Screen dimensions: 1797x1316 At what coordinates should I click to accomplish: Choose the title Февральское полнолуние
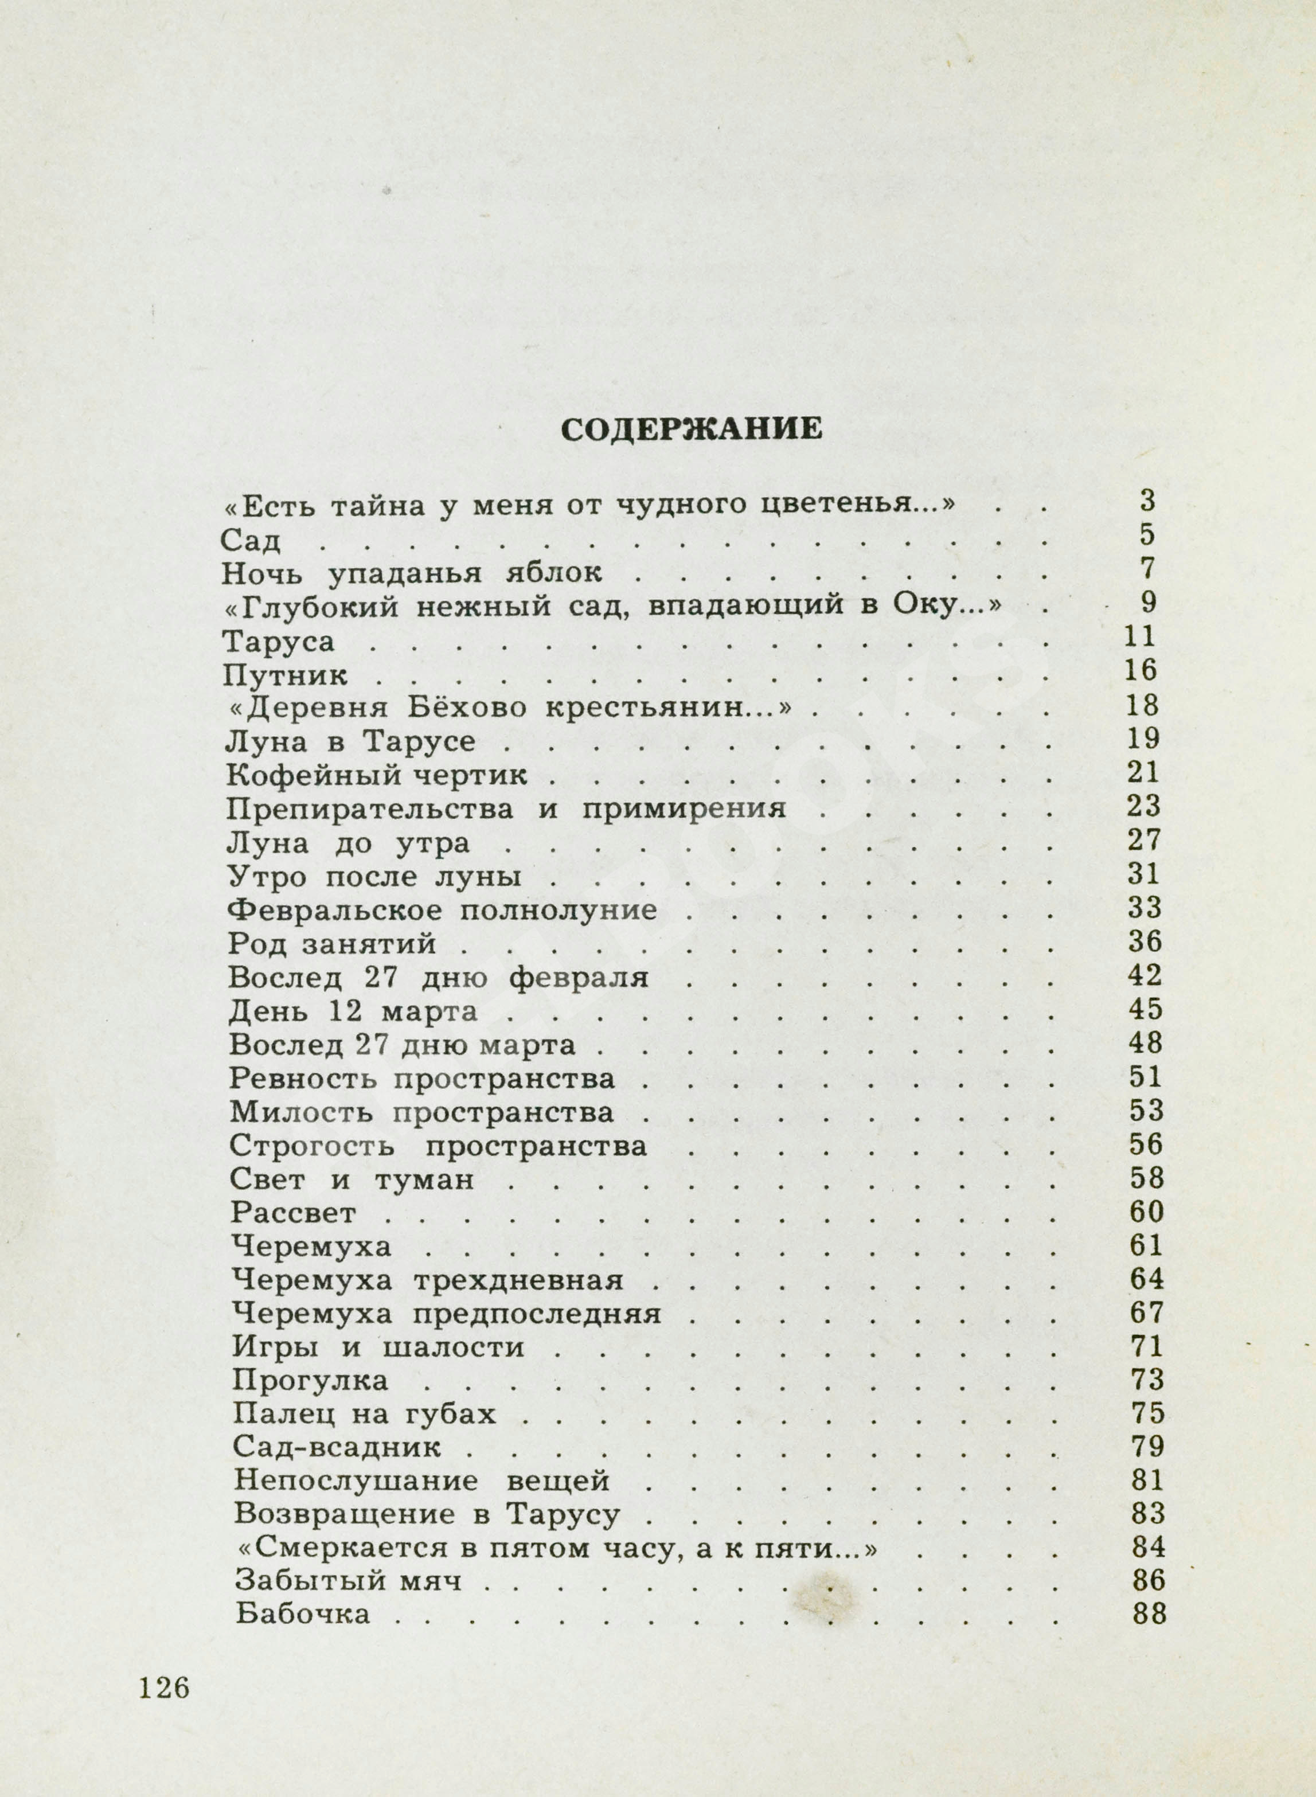(x=442, y=909)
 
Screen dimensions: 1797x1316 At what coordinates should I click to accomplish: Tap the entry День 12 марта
(x=353, y=1011)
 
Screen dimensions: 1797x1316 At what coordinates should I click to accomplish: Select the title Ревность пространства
(x=421, y=1079)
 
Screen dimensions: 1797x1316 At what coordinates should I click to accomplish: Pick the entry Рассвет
(x=294, y=1214)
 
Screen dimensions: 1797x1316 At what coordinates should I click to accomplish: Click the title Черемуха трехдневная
(x=428, y=1281)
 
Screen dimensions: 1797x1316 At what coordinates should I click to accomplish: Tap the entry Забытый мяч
(x=349, y=1580)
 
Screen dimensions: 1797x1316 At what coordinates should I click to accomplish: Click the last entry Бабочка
(x=303, y=1614)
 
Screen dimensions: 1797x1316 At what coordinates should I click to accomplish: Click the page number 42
(x=1145, y=976)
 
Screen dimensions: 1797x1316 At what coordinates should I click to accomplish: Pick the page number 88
(x=1148, y=1614)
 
